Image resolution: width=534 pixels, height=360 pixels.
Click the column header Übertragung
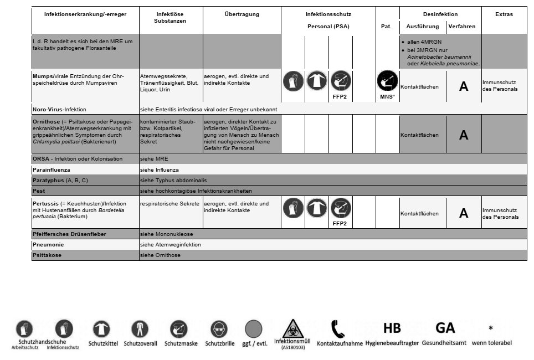(x=242, y=14)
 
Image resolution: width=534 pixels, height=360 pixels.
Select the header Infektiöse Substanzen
(x=170, y=17)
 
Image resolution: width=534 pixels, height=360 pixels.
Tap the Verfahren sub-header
(x=461, y=27)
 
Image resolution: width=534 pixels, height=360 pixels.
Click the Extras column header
(x=504, y=14)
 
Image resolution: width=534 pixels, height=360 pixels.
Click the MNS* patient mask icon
(x=387, y=82)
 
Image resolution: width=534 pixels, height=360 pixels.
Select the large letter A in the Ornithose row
(x=464, y=135)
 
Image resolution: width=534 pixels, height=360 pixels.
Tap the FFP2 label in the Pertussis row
(x=340, y=224)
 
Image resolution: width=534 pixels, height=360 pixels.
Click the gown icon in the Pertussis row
(x=316, y=208)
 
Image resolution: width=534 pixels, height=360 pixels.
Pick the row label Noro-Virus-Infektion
(x=59, y=109)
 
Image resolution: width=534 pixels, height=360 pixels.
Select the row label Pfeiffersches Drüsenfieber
(x=69, y=234)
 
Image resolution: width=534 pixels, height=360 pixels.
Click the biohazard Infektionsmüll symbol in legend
(x=293, y=328)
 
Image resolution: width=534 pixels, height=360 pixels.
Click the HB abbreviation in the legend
(x=392, y=328)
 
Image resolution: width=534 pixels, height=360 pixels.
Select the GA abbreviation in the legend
(x=445, y=328)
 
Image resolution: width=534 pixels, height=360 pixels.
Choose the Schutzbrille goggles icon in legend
(x=219, y=330)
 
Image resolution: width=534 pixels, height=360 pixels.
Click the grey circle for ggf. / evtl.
(x=254, y=329)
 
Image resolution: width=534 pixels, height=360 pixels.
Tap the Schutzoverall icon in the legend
(x=140, y=330)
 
